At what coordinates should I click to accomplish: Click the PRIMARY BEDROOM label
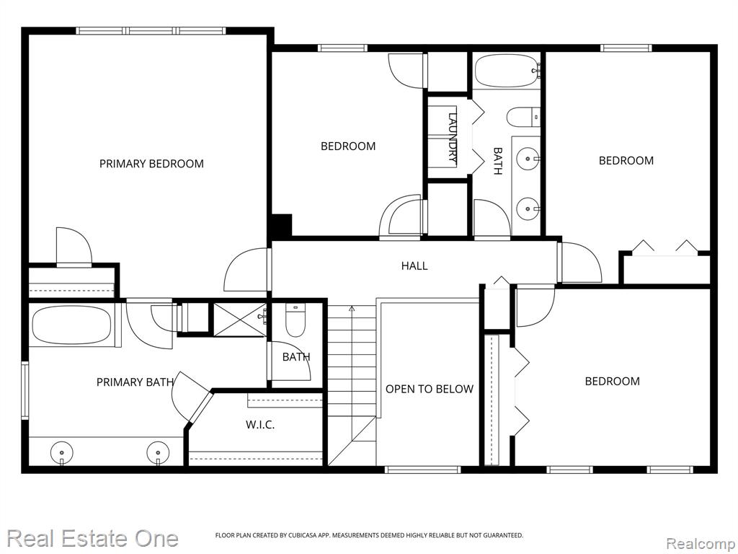pos(151,164)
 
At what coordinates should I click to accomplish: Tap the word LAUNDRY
pos(453,137)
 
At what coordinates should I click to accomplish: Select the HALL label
pos(414,265)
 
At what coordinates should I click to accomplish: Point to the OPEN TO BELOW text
pos(430,389)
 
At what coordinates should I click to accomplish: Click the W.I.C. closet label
pos(260,425)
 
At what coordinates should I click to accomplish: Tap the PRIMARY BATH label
pos(135,382)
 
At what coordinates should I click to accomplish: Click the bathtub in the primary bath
pos(71,325)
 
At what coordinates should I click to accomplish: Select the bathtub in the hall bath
pos(507,71)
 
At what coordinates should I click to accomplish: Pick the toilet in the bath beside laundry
pos(523,117)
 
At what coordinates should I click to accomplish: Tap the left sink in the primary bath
pos(62,452)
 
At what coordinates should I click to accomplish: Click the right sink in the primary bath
pos(158,452)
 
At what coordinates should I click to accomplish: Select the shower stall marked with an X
pos(240,320)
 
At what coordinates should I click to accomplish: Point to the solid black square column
pos(282,225)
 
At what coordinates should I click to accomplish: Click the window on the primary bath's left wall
pos(25,390)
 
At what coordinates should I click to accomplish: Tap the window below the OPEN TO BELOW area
pos(422,469)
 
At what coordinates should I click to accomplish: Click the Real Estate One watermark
pos(93,538)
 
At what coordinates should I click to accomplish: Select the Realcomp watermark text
pos(701,544)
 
